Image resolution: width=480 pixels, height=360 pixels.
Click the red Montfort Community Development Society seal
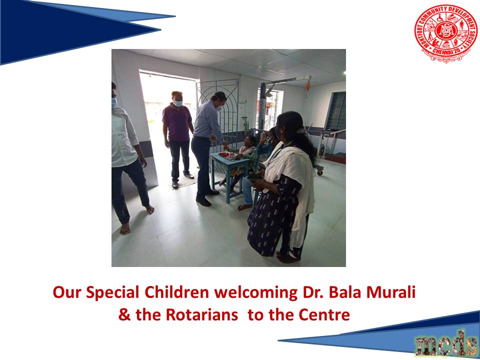pyautogui.click(x=445, y=33)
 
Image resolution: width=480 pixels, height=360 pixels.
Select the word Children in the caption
pyautogui.click(x=176, y=292)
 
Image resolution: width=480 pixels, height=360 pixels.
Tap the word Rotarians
pyautogui.click(x=201, y=315)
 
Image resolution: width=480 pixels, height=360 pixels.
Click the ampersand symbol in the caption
pyautogui.click(x=124, y=315)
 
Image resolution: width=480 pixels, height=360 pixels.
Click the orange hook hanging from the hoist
pyautogui.click(x=307, y=86)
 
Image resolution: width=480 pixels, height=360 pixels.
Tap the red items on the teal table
pyautogui.click(x=224, y=155)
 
